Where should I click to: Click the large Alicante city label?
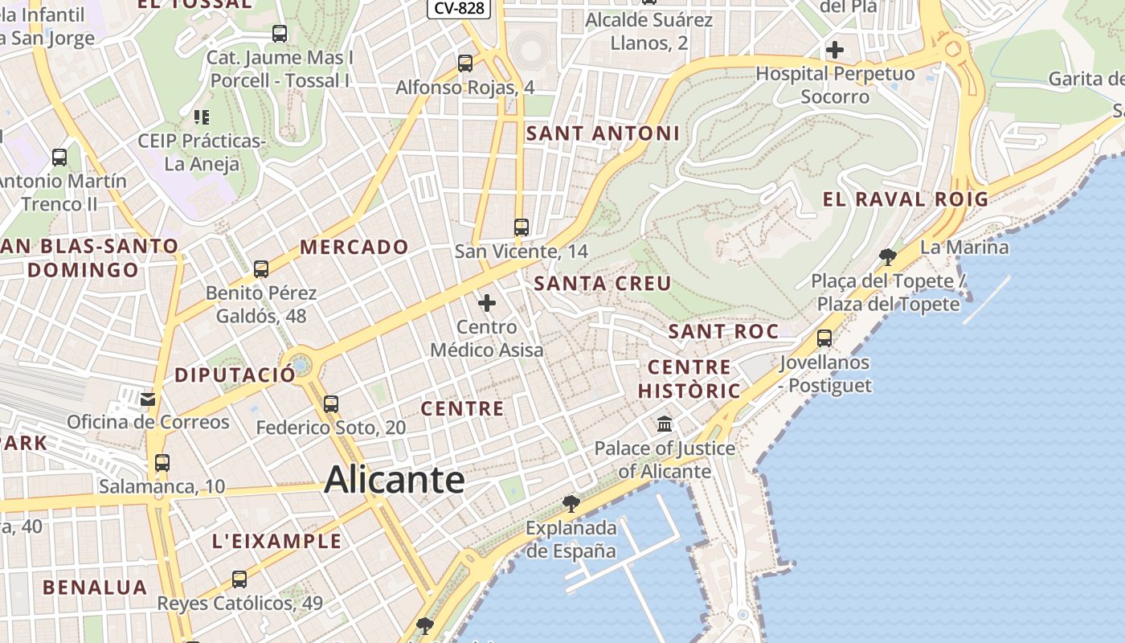[x=395, y=480]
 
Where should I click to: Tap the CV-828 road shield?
[x=459, y=8]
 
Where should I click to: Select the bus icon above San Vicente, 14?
[x=522, y=227]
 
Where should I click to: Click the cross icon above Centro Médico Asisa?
[x=487, y=303]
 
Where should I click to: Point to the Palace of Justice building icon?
[x=665, y=424]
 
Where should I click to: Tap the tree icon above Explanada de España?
[x=571, y=504]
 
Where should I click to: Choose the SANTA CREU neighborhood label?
[x=602, y=283]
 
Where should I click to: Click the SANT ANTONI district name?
[x=603, y=133]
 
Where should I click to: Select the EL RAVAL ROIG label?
[x=906, y=199]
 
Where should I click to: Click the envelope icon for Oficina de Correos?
[x=148, y=399]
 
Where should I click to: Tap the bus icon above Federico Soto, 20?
[x=331, y=403]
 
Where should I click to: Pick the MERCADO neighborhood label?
[x=354, y=247]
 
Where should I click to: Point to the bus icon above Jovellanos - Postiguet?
[x=824, y=338]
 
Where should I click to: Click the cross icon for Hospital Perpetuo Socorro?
[x=835, y=50]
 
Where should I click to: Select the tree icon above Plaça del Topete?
[x=888, y=257]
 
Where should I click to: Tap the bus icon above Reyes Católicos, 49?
[x=239, y=579]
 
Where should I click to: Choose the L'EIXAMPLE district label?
[x=277, y=541]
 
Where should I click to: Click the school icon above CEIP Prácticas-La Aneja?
[x=202, y=117]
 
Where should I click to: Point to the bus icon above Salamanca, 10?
[x=162, y=463]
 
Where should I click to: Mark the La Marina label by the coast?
[x=964, y=247]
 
